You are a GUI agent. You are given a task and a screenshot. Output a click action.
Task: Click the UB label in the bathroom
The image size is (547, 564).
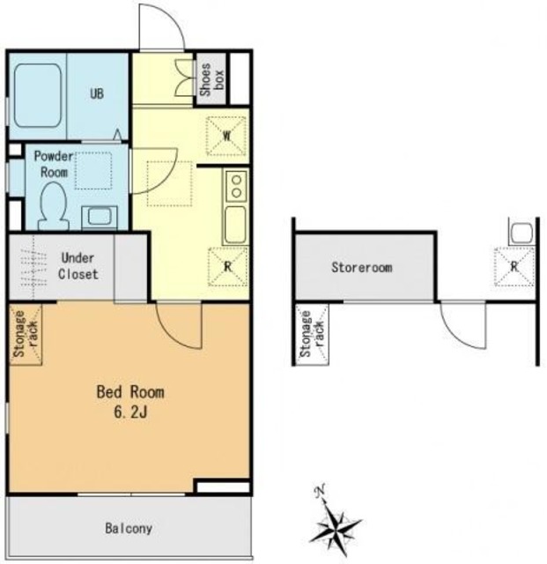click(97, 93)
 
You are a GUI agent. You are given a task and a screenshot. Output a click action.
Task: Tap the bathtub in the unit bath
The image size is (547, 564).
click(37, 96)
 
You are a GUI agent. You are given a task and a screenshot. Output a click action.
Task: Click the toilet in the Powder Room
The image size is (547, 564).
click(54, 206)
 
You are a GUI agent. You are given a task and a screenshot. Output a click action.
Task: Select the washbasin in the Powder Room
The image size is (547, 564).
click(100, 218)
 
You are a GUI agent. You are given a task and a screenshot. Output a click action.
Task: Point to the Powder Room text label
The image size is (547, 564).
click(54, 164)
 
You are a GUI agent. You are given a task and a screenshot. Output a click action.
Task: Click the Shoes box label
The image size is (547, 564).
click(211, 79)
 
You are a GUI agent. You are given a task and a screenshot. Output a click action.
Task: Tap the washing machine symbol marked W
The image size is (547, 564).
click(226, 136)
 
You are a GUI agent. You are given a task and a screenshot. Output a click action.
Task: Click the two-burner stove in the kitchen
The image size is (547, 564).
click(236, 186)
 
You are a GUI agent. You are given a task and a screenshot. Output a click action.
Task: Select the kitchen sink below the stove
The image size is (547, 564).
click(235, 224)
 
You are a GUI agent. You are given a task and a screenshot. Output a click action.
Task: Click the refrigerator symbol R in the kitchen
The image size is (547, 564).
click(227, 266)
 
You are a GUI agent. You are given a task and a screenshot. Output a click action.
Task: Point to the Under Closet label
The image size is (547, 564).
click(78, 266)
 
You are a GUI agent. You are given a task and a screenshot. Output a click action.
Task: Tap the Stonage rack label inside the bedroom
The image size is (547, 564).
click(26, 334)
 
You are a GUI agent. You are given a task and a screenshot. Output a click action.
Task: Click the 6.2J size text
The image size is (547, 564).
click(130, 412)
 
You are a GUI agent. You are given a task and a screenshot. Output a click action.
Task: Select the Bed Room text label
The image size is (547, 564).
click(130, 391)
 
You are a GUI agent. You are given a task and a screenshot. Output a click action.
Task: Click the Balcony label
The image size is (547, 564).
click(129, 529)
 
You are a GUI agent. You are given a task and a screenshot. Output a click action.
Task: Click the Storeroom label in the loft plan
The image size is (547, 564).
click(362, 267)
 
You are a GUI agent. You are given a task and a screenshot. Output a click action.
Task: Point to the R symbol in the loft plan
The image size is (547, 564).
click(514, 266)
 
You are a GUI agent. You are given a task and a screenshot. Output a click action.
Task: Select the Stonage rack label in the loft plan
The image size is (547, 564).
click(312, 334)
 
